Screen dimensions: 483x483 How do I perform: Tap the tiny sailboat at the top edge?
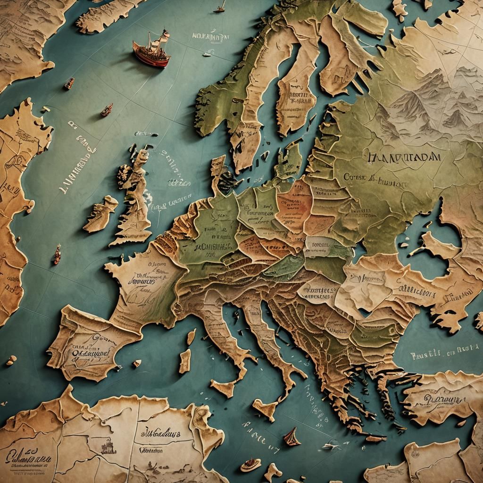point(219,7)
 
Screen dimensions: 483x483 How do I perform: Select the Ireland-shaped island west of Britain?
point(100,214)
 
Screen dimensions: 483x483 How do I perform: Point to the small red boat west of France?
point(57,254)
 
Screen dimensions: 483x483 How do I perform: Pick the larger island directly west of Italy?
point(184,361)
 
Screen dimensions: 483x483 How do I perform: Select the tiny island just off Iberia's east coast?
point(136,363)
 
